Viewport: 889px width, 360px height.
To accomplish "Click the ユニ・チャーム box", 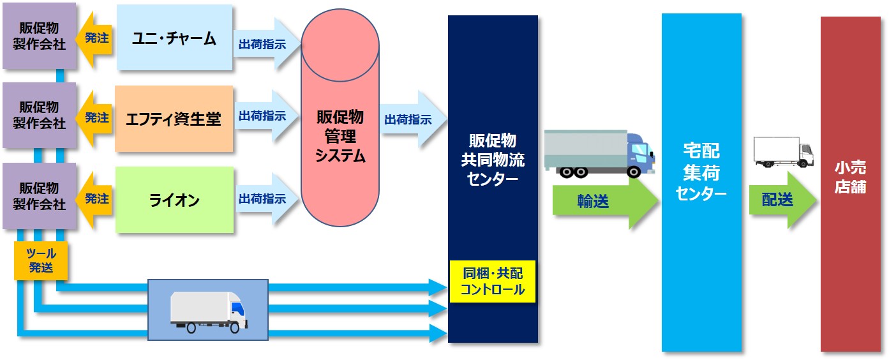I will tap(174, 38).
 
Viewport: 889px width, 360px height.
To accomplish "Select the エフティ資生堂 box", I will tap(174, 119).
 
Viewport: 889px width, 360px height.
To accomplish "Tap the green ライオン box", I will tap(174, 200).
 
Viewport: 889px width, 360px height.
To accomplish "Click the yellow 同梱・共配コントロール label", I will tap(492, 281).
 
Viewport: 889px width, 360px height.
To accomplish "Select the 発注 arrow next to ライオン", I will tap(93, 199).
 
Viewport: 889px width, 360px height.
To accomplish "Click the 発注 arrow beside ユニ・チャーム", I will tap(93, 38).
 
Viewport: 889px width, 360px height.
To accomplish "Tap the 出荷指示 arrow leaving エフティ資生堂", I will tap(265, 117).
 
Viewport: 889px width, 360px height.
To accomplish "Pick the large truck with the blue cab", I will tap(599, 153).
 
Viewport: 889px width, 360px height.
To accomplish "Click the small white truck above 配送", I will tap(783, 152).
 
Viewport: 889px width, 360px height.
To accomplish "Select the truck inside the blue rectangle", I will tap(208, 311).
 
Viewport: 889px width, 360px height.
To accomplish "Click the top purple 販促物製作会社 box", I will tap(39, 36).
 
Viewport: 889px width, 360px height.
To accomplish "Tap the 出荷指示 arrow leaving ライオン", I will tap(265, 199).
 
